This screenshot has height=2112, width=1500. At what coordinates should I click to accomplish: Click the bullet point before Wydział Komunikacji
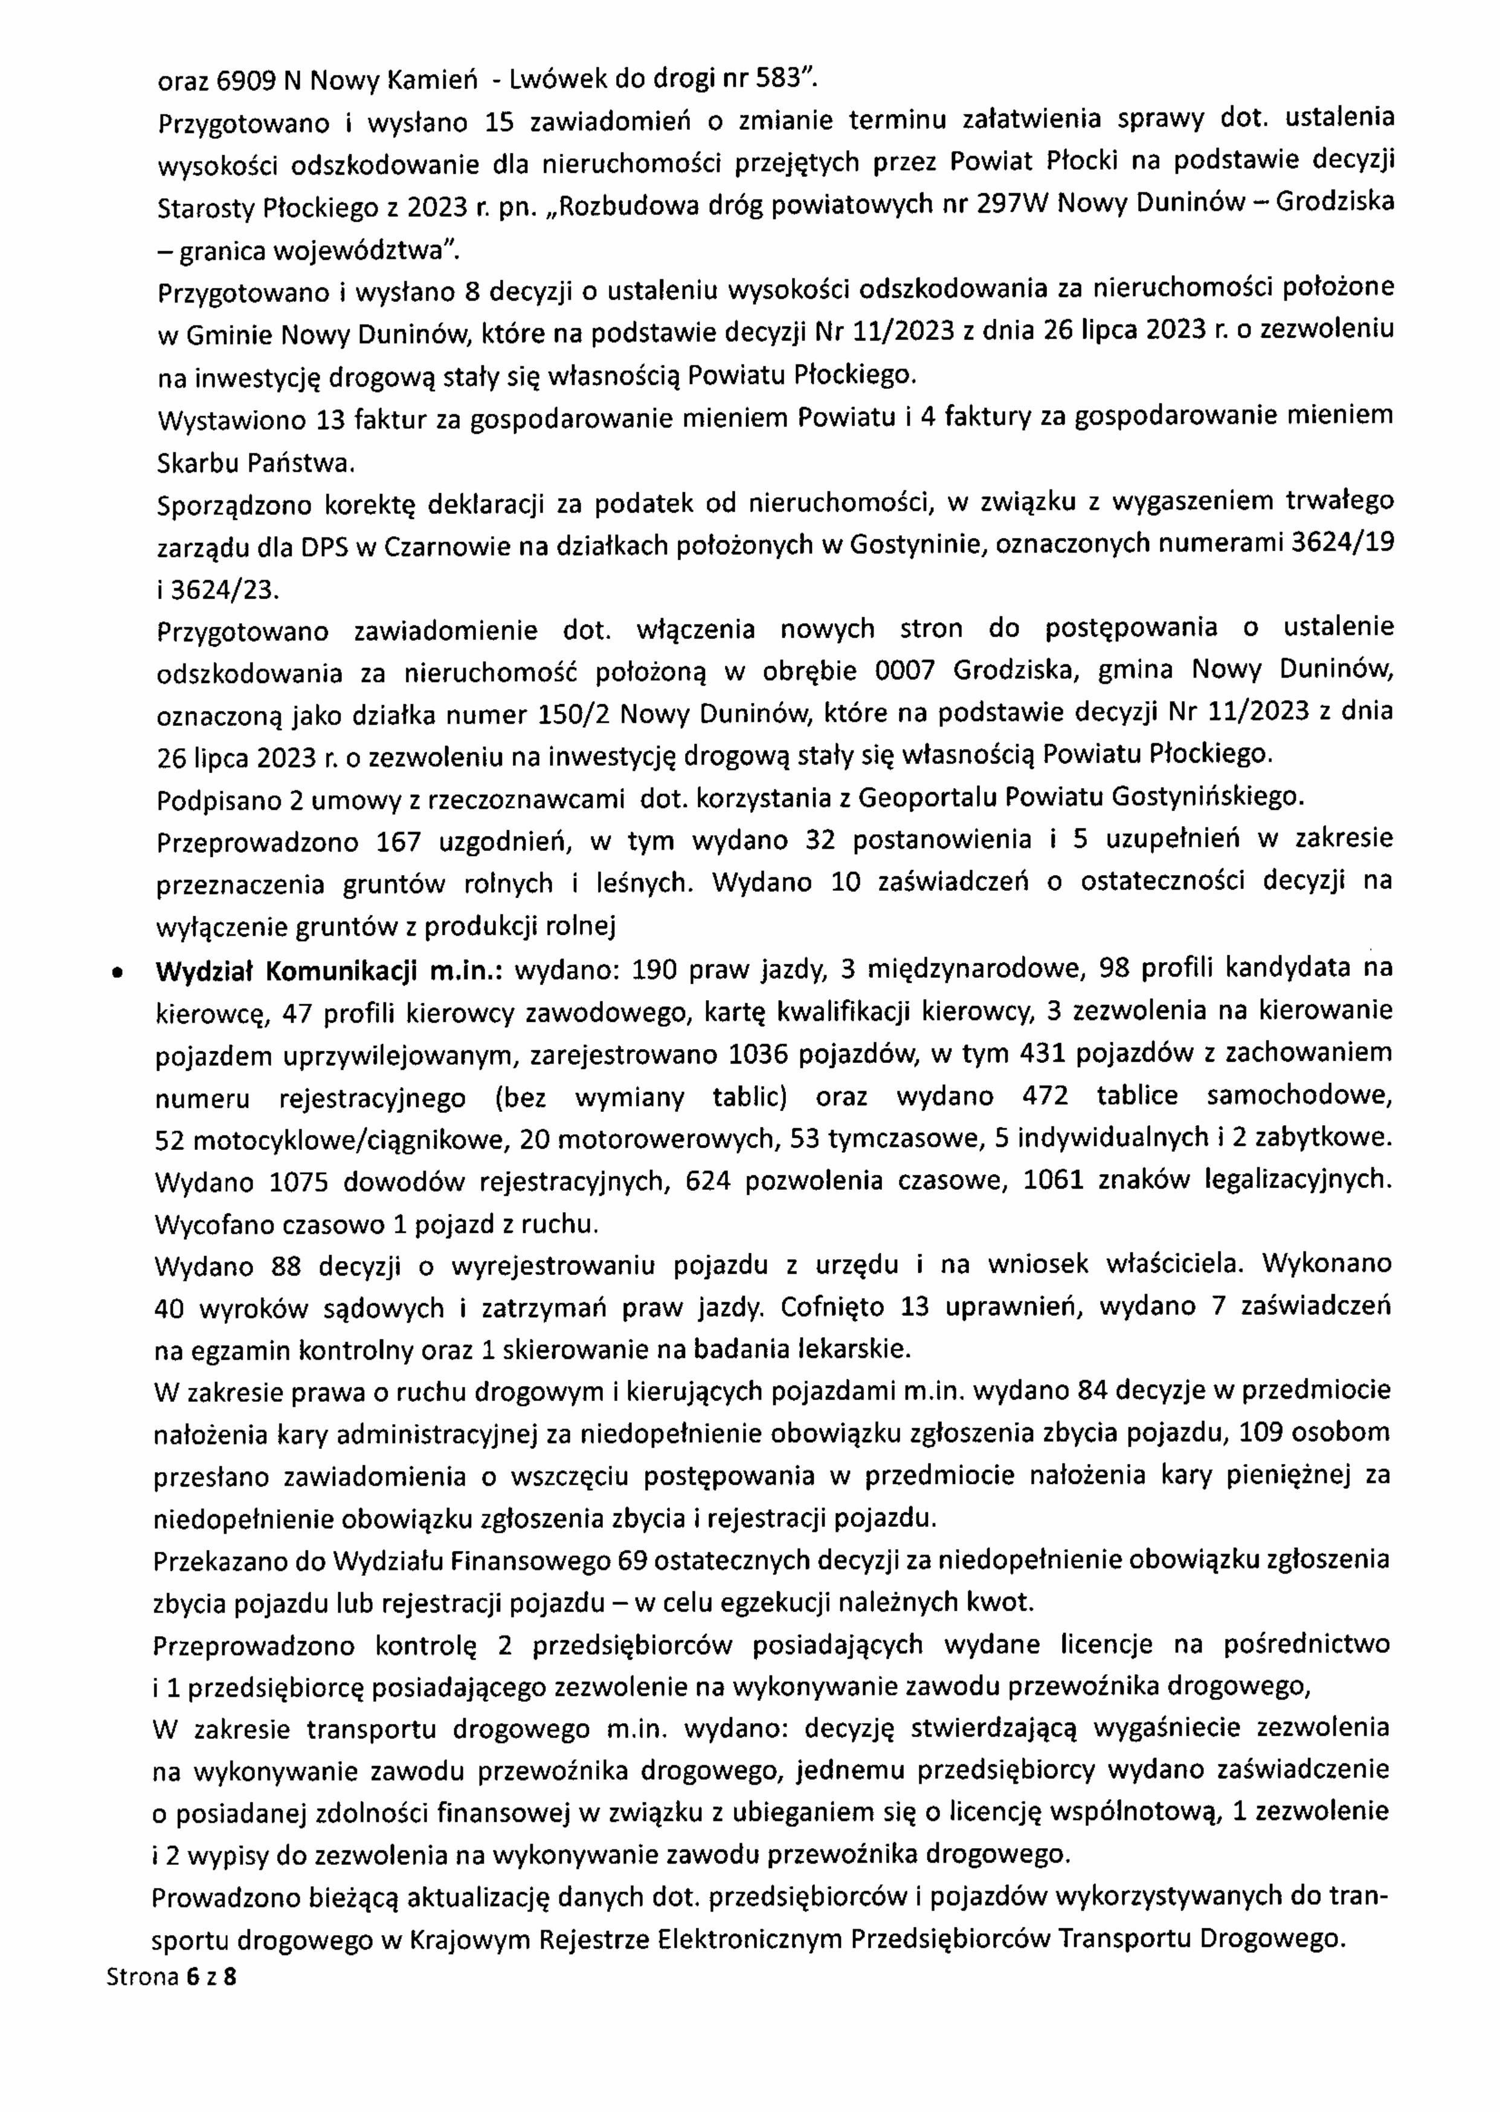point(115,972)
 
